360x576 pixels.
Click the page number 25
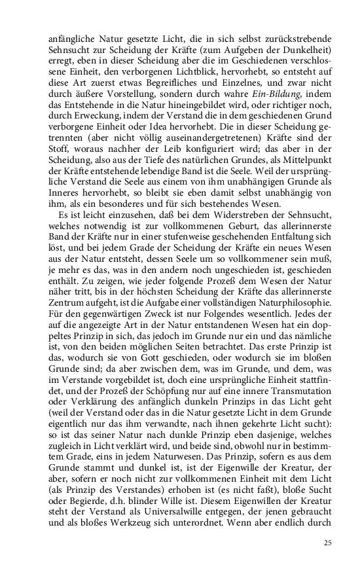(x=328, y=542)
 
